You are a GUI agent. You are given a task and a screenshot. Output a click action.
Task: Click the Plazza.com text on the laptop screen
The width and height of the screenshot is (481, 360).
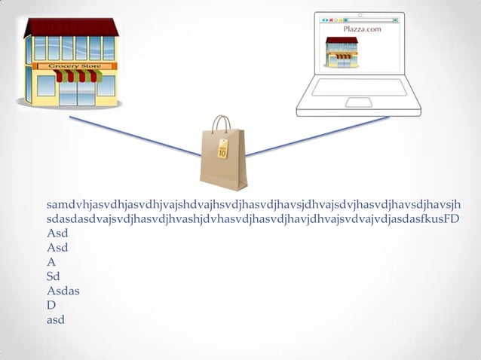[x=362, y=29]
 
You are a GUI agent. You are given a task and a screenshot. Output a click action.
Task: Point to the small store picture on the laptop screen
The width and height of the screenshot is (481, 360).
[x=341, y=51]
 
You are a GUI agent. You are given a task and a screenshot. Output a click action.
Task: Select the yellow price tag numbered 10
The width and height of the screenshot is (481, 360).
[x=222, y=149]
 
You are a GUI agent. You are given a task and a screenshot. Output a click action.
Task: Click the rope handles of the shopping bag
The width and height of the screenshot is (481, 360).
[x=221, y=124]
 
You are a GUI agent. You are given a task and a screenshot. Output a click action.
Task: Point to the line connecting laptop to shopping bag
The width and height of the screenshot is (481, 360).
[x=317, y=136]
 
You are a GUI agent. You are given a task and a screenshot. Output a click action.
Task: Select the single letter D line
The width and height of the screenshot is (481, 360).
[x=51, y=305]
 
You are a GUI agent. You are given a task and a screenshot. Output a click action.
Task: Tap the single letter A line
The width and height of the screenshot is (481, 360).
[x=51, y=261]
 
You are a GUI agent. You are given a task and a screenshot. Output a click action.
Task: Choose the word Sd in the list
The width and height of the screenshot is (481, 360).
[x=54, y=276]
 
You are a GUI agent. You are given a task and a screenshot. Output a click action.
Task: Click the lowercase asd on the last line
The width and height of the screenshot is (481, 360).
[x=56, y=319]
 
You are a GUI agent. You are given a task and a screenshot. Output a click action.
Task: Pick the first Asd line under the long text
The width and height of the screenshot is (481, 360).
[x=57, y=233]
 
